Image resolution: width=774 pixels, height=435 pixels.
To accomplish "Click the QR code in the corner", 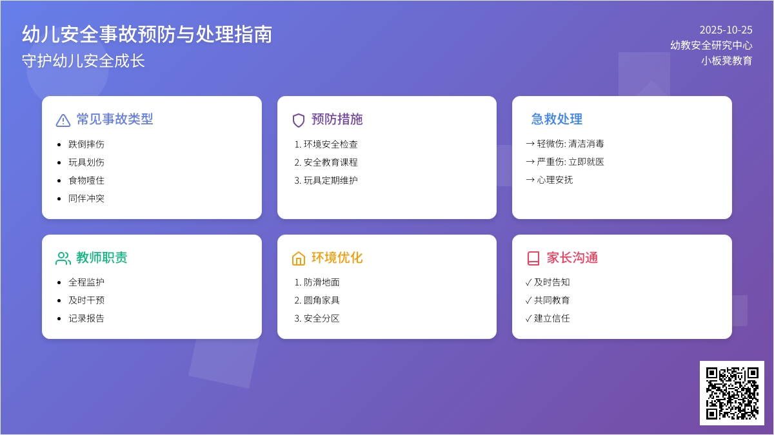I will click(x=732, y=393).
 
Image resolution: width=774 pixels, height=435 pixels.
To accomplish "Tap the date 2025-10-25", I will click(x=726, y=30).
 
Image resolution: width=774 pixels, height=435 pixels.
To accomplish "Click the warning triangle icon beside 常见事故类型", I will click(x=63, y=120).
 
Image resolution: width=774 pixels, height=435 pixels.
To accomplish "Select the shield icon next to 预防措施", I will click(x=299, y=120).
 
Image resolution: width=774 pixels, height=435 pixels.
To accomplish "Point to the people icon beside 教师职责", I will click(x=63, y=258).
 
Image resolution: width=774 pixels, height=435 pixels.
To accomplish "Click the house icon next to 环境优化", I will click(x=299, y=258).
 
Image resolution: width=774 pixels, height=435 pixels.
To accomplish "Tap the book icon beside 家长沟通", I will click(x=533, y=258).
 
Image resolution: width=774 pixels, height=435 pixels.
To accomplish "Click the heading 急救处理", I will click(x=557, y=119).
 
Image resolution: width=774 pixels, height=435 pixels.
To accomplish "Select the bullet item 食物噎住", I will click(x=86, y=180).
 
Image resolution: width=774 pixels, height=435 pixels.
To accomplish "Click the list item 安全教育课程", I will click(x=330, y=162).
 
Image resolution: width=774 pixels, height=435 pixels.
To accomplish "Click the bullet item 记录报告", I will click(x=86, y=318).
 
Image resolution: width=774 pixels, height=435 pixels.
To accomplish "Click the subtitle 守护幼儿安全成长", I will click(x=83, y=61).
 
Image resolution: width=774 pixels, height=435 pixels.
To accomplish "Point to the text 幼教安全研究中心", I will click(x=711, y=45).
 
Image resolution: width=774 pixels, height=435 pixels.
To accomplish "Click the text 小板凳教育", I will click(x=726, y=61).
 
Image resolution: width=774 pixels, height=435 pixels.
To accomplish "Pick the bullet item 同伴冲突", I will click(x=86, y=198).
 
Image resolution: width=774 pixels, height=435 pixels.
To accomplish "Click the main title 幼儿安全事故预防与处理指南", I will click(x=147, y=34).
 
